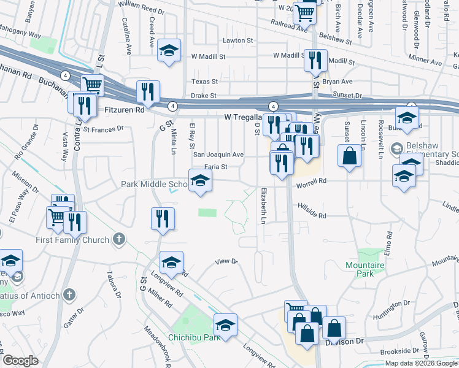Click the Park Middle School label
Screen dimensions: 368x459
pyautogui.click(x=154, y=184)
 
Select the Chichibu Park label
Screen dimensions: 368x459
pyautogui.click(x=194, y=337)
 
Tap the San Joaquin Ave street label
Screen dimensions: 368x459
pyautogui.click(x=219, y=155)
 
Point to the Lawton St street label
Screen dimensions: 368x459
pyautogui.click(x=239, y=40)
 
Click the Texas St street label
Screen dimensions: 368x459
pyautogui.click(x=204, y=82)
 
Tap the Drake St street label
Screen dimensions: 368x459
pyautogui.click(x=204, y=96)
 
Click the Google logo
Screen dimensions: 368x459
pyautogui.click(x=20, y=361)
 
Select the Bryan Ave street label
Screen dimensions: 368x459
pyautogui.click(x=337, y=82)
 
